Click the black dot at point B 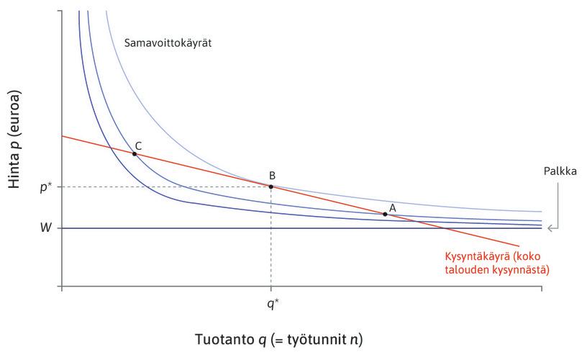(x=270, y=186)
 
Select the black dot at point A (x=386, y=214)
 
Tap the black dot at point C (x=135, y=154)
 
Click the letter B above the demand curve (x=272, y=175)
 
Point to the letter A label (x=392, y=207)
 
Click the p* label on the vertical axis (x=45, y=186)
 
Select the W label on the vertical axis (x=45, y=228)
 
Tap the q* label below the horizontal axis (x=272, y=304)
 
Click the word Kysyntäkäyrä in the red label (x=478, y=257)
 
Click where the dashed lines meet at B (x=270, y=186)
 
